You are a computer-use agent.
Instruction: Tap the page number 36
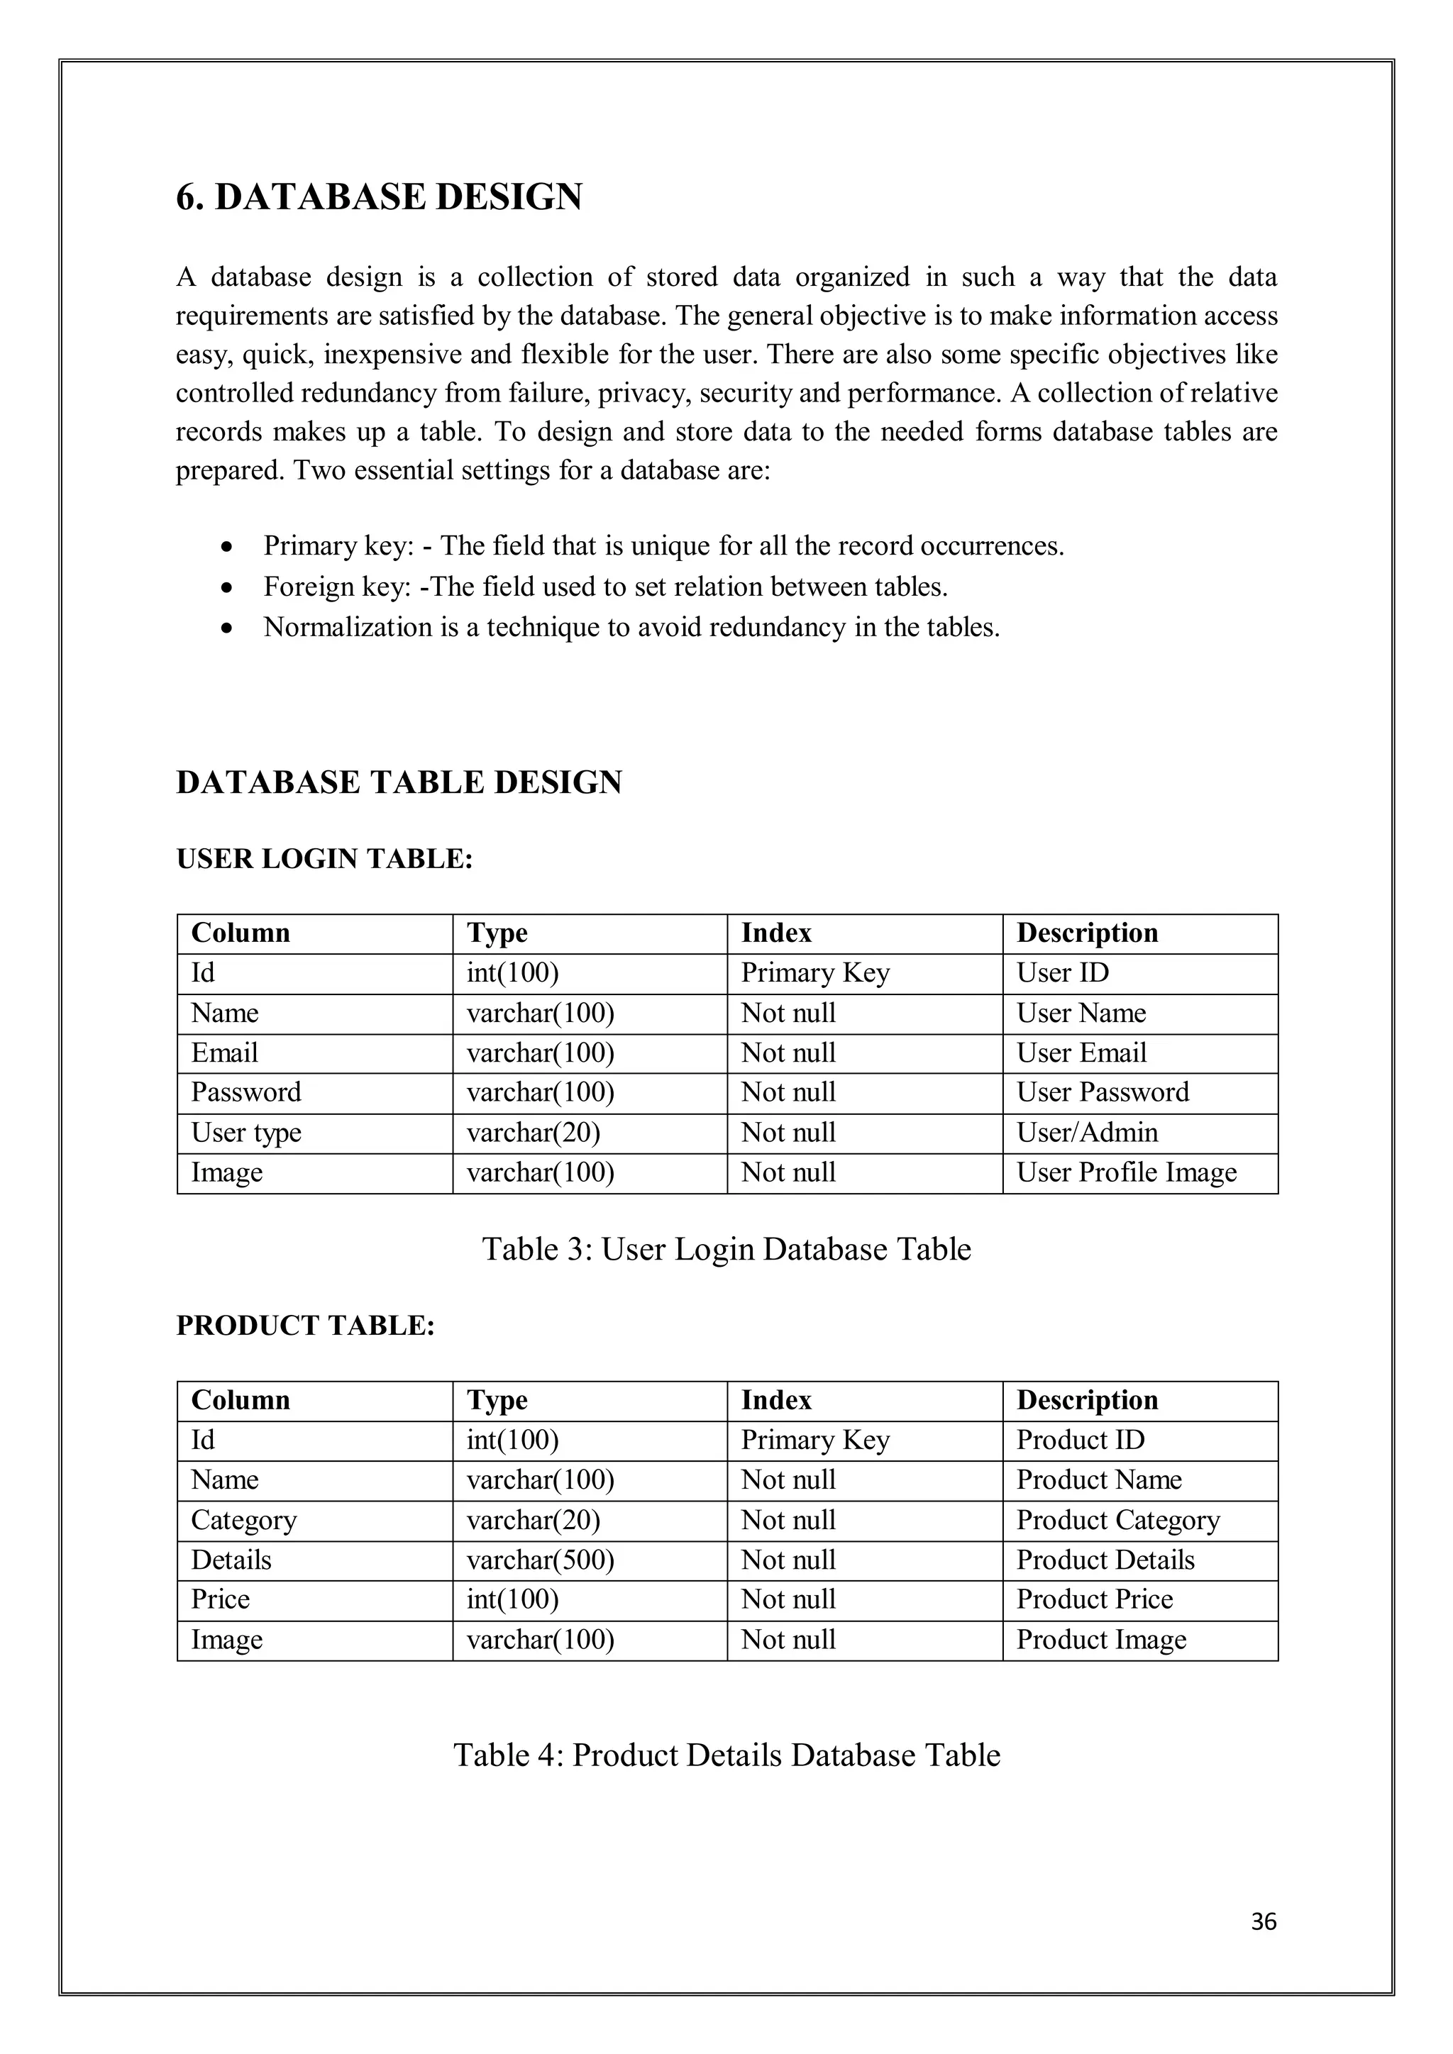(1262, 1921)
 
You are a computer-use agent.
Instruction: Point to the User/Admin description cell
(1086, 1133)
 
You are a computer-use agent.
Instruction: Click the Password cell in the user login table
(246, 1092)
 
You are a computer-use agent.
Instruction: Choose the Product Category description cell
(1117, 1520)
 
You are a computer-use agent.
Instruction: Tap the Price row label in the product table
(220, 1599)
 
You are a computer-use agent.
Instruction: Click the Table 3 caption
(726, 1249)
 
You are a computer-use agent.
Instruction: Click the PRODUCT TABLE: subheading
(305, 1325)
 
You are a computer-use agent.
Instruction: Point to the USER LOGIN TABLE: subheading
(324, 859)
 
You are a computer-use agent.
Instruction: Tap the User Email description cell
(1081, 1053)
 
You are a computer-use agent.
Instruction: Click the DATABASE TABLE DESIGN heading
(398, 782)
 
